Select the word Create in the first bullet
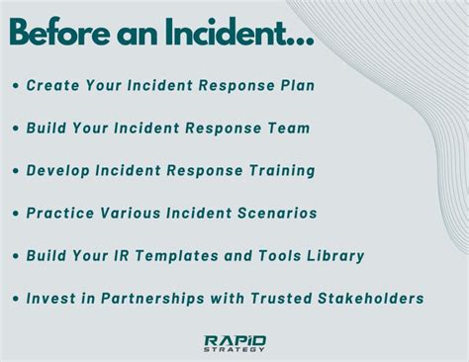pyautogui.click(x=54, y=86)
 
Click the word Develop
pyautogui.click(x=62, y=170)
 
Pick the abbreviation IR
pyautogui.click(x=130, y=255)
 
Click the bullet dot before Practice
pyautogui.click(x=18, y=213)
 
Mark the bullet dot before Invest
pyautogui.click(x=18, y=298)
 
